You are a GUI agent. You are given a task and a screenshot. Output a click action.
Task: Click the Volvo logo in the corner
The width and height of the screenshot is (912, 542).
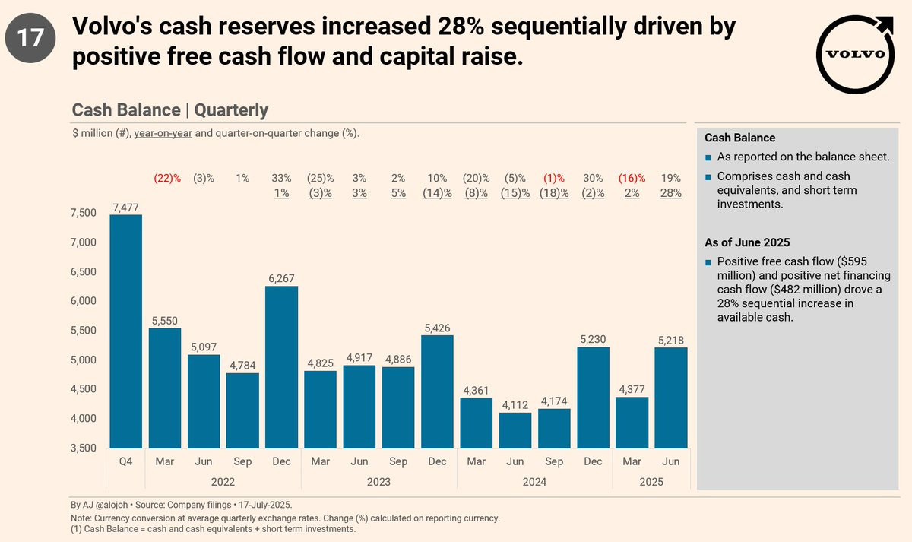[x=855, y=55]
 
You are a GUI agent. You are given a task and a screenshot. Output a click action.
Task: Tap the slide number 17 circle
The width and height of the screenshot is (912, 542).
[x=30, y=38]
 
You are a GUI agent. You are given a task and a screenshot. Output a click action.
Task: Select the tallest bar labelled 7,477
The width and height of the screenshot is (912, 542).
[x=126, y=331]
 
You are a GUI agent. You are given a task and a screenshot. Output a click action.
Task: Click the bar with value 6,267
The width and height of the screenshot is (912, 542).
[x=281, y=367]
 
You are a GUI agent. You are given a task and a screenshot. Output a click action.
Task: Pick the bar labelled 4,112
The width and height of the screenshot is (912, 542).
[x=515, y=430]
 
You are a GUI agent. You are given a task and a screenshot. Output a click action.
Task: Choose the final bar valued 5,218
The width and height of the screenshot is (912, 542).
[x=671, y=398]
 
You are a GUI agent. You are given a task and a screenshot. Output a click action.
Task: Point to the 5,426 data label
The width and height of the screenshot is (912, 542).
[x=437, y=328]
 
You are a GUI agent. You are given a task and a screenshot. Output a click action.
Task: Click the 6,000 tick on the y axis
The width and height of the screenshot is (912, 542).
[x=84, y=301]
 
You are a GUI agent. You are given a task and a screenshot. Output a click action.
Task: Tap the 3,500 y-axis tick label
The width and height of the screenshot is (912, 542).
[x=84, y=448]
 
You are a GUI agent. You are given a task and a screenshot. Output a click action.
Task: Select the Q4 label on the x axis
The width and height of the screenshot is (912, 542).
[x=126, y=461]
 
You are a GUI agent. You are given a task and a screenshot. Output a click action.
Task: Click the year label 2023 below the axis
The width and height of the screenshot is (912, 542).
[x=378, y=482]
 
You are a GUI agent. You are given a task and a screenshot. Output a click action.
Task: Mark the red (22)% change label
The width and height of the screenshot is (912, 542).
[x=167, y=179]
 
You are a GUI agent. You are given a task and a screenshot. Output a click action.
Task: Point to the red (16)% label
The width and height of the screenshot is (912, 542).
[x=632, y=179]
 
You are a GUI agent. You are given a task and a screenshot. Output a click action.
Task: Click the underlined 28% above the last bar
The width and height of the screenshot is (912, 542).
[x=671, y=193]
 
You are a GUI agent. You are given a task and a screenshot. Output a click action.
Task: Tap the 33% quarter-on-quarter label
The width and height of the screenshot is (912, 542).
[x=281, y=179]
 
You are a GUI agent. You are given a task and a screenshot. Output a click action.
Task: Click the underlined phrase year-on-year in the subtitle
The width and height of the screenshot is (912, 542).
[x=163, y=133]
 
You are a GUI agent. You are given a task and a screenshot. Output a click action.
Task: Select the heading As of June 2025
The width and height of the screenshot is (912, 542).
[x=747, y=242]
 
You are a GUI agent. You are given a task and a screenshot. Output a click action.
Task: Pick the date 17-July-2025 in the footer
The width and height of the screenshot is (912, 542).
[x=265, y=505]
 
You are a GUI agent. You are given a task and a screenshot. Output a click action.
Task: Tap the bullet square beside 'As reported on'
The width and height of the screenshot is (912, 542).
[x=708, y=157]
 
